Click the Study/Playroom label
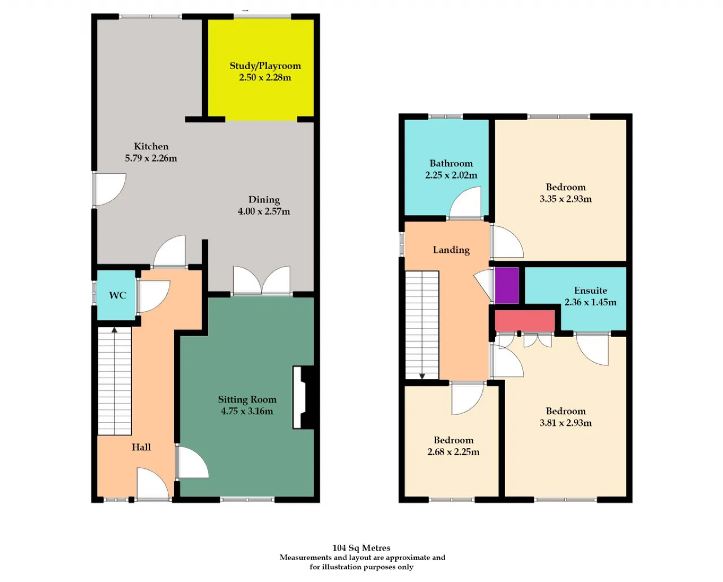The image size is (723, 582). [265, 66]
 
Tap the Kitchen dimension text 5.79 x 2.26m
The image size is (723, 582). [151, 158]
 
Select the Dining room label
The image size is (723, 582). [264, 200]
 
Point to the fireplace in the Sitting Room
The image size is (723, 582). [304, 397]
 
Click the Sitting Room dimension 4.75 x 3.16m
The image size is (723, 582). [247, 411]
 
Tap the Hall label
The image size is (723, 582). [141, 447]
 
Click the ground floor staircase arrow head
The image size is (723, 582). [115, 330]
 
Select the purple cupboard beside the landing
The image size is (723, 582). [507, 286]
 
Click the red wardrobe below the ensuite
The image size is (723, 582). [524, 321]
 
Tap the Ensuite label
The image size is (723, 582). [590, 290]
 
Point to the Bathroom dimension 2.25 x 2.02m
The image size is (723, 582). [451, 175]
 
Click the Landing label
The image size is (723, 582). [451, 249]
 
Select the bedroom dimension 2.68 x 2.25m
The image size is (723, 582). [453, 451]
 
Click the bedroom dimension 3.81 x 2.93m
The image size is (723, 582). [565, 423]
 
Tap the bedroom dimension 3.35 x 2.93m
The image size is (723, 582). [565, 199]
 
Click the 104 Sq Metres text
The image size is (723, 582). [361, 548]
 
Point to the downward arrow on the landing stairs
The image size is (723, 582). [422, 375]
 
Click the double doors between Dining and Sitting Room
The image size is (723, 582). [262, 281]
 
